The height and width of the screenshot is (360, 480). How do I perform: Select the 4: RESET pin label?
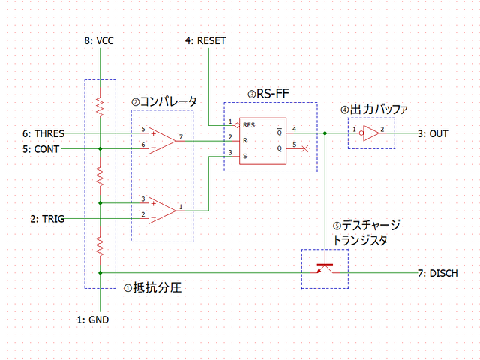point(205,40)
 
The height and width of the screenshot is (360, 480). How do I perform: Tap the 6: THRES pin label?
point(43,133)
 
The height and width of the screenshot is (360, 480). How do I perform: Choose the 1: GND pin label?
point(92,319)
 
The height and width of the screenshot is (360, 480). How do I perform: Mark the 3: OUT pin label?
point(433,133)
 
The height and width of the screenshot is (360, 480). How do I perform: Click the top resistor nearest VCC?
point(100,106)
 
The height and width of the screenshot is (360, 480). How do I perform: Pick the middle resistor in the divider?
point(100,175)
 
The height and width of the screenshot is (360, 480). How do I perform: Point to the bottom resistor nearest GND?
point(100,244)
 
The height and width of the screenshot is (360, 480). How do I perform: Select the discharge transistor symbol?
point(324,268)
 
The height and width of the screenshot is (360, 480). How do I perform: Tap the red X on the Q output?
point(304,148)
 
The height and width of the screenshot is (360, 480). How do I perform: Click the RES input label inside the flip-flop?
point(249,125)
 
